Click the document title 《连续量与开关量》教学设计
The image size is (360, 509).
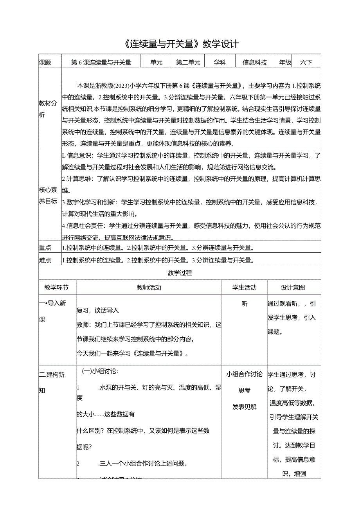[x=180, y=43]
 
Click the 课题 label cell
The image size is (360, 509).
[x=45, y=62]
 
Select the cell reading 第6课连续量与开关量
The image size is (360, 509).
[x=101, y=62]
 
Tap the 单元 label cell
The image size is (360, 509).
[x=156, y=62]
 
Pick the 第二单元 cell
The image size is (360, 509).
[x=188, y=62]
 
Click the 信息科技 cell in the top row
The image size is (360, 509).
[x=255, y=62]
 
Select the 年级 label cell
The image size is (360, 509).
[x=285, y=62]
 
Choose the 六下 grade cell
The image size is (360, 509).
[x=306, y=62]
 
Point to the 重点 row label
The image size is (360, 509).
[x=45, y=248]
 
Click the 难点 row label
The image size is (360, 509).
[x=45, y=260]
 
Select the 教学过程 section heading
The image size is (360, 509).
[x=180, y=273]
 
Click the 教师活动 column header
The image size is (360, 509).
[x=149, y=288]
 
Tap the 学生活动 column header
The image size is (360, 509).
[x=245, y=288]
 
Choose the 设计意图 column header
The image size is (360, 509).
[x=293, y=288]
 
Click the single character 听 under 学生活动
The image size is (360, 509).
[x=245, y=304]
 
